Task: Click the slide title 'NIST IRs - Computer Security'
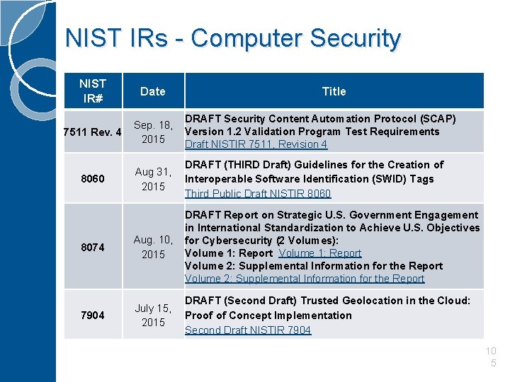232,38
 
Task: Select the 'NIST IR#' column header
93,91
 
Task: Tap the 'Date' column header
153,91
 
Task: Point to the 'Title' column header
334,91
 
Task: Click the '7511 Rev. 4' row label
92,132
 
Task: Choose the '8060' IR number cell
92,179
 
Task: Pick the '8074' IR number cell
92,247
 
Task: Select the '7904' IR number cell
92,315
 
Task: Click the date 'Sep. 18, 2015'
153,132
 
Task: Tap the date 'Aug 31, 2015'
153,179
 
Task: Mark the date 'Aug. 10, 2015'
153,247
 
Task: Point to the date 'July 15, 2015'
153,315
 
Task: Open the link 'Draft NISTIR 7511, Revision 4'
256,144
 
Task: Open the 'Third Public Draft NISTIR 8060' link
258,194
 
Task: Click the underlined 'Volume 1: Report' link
320,253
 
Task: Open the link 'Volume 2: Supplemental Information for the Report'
305,279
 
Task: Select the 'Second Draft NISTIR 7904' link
248,330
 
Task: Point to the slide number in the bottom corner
492,357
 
